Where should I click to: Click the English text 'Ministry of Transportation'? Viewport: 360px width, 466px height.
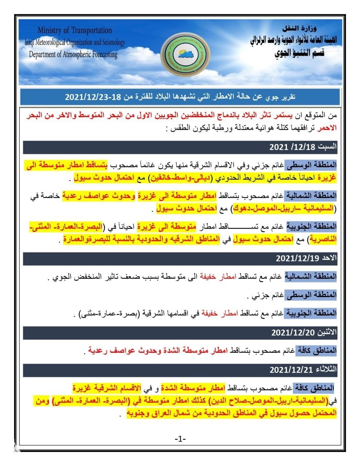(x=75, y=30)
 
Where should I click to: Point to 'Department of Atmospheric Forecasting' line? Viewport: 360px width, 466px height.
(x=73, y=55)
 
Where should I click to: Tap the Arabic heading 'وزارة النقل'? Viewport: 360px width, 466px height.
(x=300, y=28)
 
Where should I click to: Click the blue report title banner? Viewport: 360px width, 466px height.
(x=180, y=97)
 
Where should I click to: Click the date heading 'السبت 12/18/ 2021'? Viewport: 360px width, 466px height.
(x=303, y=147)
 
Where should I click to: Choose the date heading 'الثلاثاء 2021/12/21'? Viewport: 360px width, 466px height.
(x=303, y=370)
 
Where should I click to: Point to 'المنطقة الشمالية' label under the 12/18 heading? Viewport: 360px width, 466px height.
(x=310, y=196)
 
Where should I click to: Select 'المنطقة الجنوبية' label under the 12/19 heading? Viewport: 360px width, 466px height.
(x=310, y=313)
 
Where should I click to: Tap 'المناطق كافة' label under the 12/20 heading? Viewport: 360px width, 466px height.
(x=316, y=351)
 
